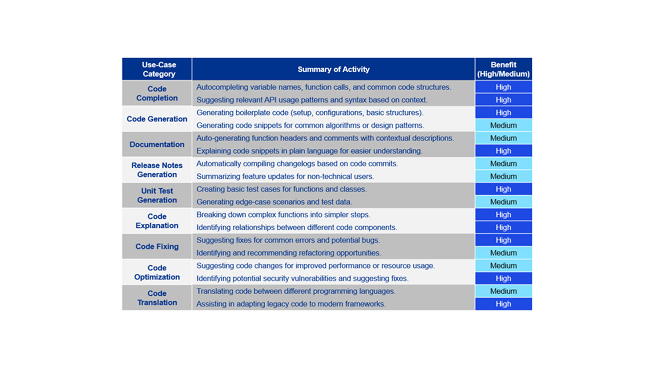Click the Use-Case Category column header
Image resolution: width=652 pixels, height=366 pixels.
click(x=157, y=69)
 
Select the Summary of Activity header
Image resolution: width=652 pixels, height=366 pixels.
click(x=333, y=69)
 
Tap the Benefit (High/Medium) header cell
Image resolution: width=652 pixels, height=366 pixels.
click(x=503, y=69)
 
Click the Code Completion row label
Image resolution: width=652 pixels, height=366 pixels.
click(x=157, y=93)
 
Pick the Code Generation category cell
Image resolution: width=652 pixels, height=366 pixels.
click(x=157, y=119)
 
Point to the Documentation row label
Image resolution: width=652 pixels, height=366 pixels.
click(x=157, y=144)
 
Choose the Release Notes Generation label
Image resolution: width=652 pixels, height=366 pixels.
click(x=157, y=170)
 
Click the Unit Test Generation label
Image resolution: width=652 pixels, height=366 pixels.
click(x=157, y=195)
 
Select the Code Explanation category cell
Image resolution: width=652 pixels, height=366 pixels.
click(x=157, y=221)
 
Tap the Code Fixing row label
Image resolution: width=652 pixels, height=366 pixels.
click(x=157, y=246)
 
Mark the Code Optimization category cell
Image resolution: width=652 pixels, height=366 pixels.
click(x=157, y=272)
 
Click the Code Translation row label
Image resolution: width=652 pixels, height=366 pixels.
click(x=157, y=298)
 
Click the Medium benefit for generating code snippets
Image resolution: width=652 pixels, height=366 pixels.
click(x=503, y=125)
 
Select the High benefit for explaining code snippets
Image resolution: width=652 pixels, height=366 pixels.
click(x=503, y=151)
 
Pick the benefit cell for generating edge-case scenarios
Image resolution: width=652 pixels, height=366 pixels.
click(x=503, y=202)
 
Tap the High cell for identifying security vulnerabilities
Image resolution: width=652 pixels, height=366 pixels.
click(x=503, y=279)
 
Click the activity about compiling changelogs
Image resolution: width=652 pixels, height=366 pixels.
click(x=297, y=163)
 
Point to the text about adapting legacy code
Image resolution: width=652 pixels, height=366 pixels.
click(x=291, y=304)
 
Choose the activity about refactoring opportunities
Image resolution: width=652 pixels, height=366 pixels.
click(x=288, y=253)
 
